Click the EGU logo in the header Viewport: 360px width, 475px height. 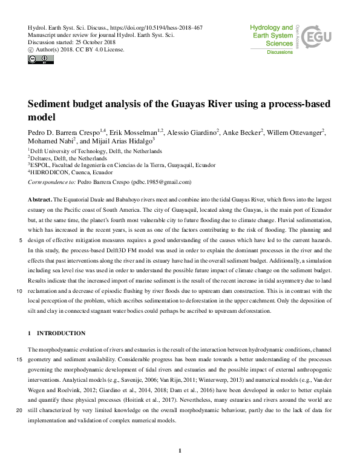[316, 39]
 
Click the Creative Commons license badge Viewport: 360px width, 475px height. [41, 59]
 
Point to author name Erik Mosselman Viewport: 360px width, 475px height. [136, 131]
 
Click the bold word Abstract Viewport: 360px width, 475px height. [40, 199]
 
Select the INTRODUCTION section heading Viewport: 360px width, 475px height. [61, 333]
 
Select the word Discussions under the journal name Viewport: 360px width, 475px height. [280, 53]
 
